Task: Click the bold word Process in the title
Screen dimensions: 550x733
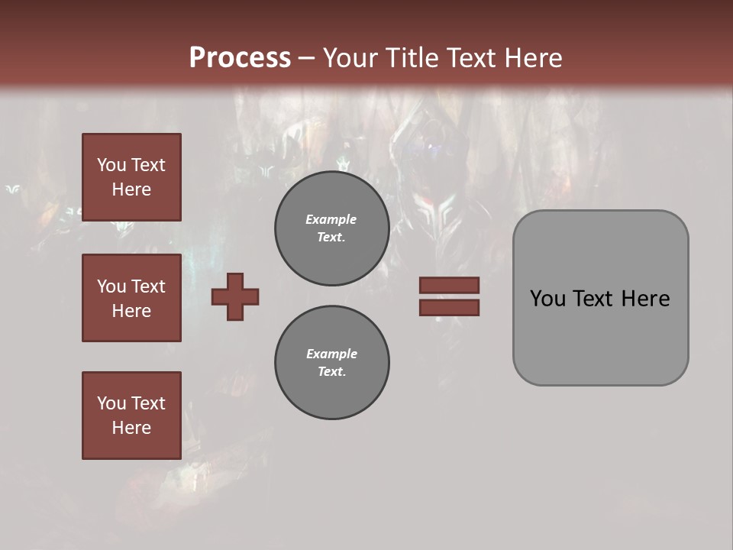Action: point(240,57)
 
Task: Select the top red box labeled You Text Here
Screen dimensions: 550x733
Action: point(131,177)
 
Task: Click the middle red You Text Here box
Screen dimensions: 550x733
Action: point(131,298)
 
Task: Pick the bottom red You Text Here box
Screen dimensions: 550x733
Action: point(131,416)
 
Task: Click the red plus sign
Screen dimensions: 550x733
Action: point(235,296)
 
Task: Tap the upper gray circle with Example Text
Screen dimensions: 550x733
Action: point(332,228)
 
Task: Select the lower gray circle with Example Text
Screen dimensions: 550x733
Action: point(332,362)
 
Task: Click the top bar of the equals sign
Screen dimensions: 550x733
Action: point(449,285)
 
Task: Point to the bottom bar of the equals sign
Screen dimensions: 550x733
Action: point(449,307)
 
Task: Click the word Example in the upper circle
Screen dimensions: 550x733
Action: point(331,219)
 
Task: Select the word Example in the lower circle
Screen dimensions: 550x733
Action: point(331,354)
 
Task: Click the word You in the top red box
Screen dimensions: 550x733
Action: point(111,165)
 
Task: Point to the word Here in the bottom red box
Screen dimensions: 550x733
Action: point(131,428)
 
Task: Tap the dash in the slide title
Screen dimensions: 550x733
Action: point(307,58)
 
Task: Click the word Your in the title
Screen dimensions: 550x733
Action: point(349,57)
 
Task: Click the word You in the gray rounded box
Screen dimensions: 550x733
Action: point(547,299)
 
